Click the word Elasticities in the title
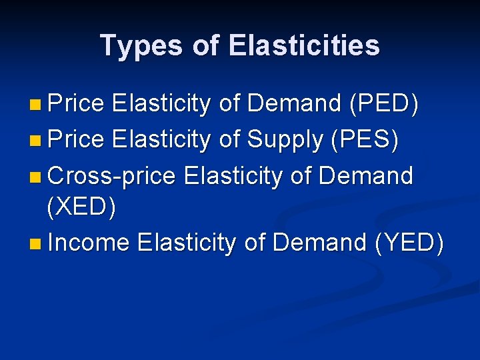[303, 45]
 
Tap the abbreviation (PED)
[383, 104]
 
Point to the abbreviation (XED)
[81, 208]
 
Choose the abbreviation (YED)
[409, 243]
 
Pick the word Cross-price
[112, 176]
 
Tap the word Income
[89, 243]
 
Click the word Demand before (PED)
[294, 104]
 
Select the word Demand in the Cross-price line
[366, 176]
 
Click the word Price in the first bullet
[77, 104]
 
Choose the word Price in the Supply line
[77, 140]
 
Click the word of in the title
[207, 45]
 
